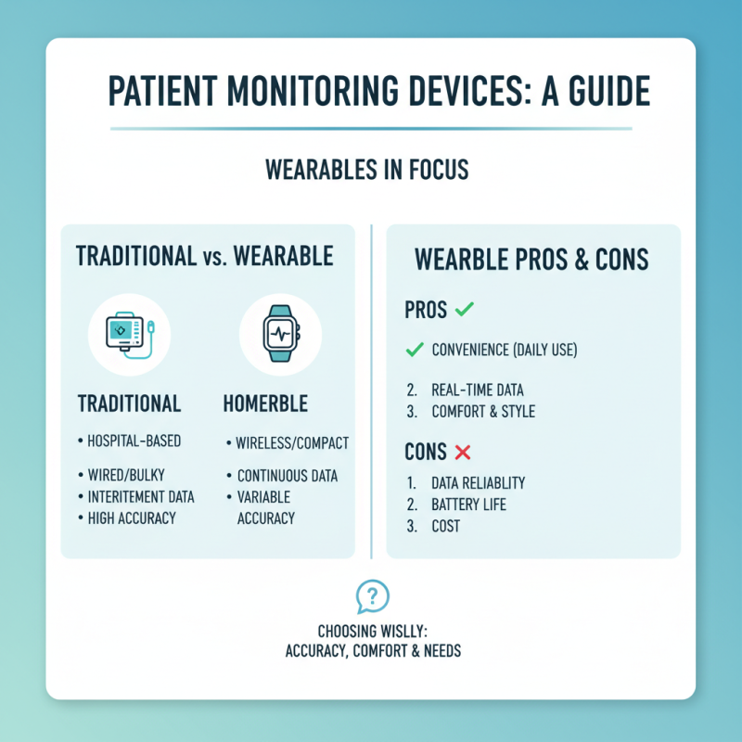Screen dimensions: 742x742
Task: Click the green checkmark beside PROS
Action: (x=465, y=310)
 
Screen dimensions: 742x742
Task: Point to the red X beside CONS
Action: (x=461, y=453)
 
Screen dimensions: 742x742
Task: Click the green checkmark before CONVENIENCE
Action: (x=415, y=350)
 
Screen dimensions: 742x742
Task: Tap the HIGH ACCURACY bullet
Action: (x=131, y=518)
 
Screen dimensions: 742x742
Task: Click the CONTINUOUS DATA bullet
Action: (x=287, y=476)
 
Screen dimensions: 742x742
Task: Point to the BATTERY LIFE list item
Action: (x=468, y=505)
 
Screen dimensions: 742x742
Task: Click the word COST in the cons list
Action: (x=446, y=526)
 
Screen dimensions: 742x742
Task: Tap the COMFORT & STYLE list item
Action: (x=483, y=411)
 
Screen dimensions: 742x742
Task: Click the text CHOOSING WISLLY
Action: (x=371, y=632)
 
